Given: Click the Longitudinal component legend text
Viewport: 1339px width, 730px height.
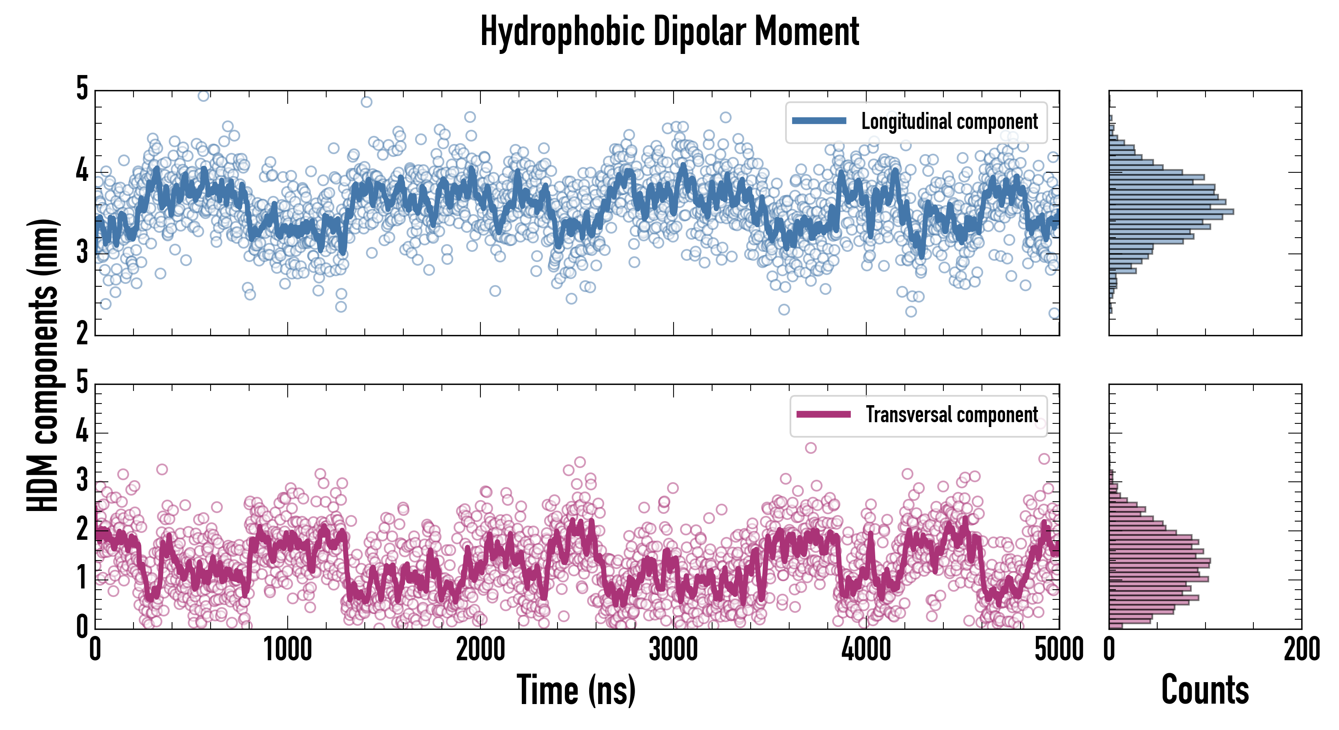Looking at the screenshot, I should coord(949,122).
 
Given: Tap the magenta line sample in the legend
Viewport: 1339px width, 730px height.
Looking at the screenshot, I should coord(823,414).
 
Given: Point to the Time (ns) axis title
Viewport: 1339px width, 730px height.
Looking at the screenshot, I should coord(576,690).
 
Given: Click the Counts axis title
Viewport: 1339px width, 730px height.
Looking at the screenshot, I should coord(1204,690).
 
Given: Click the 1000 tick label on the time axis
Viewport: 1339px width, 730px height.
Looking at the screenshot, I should coord(287,649).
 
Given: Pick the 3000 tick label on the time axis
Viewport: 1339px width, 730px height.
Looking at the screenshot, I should coord(673,649).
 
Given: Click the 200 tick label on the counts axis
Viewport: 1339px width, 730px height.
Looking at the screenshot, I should coord(1301,649).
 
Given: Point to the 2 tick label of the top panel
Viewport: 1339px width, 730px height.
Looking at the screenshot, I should coord(82,334).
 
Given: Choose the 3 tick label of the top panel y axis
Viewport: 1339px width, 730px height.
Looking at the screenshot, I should coord(82,253).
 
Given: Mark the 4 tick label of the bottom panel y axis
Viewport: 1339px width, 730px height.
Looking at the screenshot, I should coord(82,432).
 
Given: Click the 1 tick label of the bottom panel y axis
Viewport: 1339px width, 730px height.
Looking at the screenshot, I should coord(82,578).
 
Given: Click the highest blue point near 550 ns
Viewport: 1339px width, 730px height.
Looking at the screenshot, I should coord(204,96).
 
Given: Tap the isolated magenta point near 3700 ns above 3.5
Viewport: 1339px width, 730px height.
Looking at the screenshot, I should coord(810,448).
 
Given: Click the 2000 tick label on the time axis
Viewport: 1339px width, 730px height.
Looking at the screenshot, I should coord(480,649).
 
